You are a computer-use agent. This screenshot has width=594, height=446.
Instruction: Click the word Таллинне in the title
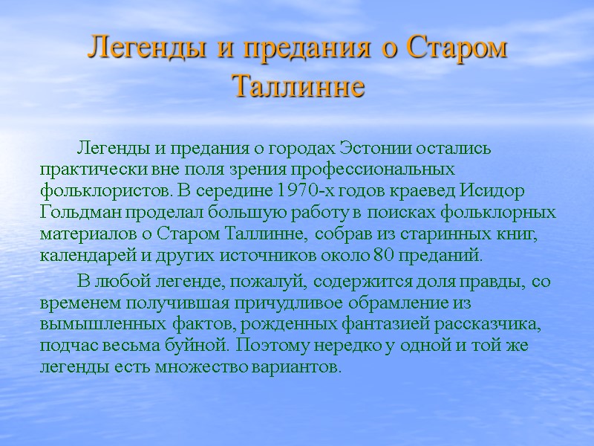click(x=298, y=86)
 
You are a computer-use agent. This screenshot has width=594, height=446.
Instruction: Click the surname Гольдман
click(x=76, y=213)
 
